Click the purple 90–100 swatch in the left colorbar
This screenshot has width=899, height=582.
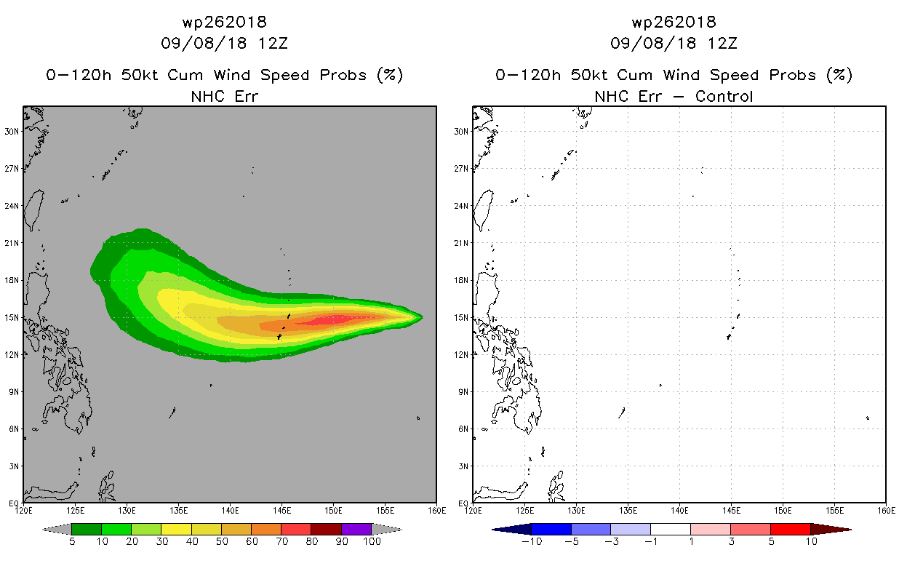(x=356, y=529)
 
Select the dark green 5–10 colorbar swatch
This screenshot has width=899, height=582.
(x=87, y=529)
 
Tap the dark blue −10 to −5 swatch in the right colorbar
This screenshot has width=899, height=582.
(x=551, y=529)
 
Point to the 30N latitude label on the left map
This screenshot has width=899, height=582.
(x=12, y=131)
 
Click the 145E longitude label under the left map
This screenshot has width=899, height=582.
(x=281, y=511)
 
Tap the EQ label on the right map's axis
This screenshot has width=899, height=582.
(x=463, y=503)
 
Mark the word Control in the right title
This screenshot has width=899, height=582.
(x=724, y=96)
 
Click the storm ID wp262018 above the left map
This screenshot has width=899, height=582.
(x=224, y=22)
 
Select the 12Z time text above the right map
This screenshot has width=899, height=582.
(x=722, y=43)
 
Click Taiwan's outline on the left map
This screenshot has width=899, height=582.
(x=33, y=210)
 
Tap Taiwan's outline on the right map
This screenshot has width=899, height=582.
(x=483, y=210)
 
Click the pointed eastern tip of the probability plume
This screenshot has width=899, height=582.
(x=423, y=317)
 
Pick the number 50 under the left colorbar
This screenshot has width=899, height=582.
(x=222, y=541)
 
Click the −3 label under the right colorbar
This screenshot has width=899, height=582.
(x=611, y=541)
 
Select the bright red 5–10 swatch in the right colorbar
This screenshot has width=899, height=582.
(x=791, y=529)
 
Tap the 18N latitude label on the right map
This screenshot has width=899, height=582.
(x=461, y=280)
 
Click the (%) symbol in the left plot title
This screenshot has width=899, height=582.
(x=390, y=75)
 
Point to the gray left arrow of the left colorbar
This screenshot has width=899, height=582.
(x=57, y=529)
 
